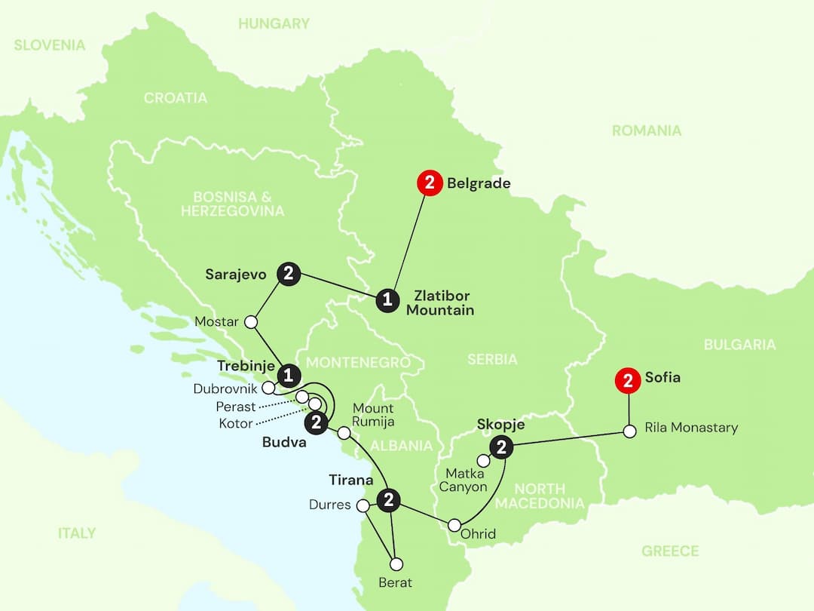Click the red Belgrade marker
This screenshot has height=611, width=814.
coord(430,183)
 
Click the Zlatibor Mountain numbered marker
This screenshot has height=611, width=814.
coord(387,300)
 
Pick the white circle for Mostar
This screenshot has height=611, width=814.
coord(252,322)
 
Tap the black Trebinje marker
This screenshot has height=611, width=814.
coord(288,375)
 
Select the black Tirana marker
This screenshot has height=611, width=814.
coord(388,499)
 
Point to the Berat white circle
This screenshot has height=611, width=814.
coord(396,563)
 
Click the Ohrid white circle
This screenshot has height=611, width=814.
coord(454,525)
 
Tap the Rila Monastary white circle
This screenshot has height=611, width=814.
coord(629,432)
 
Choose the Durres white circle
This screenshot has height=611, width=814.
coord(363,505)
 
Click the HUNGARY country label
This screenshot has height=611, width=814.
coord(274,23)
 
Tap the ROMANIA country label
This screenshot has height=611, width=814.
coord(646,130)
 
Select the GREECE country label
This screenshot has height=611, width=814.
coord(670,551)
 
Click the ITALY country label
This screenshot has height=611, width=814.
coord(77,533)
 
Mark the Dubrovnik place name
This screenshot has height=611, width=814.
coord(225,389)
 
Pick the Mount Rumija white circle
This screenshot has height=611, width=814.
coord(344,433)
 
